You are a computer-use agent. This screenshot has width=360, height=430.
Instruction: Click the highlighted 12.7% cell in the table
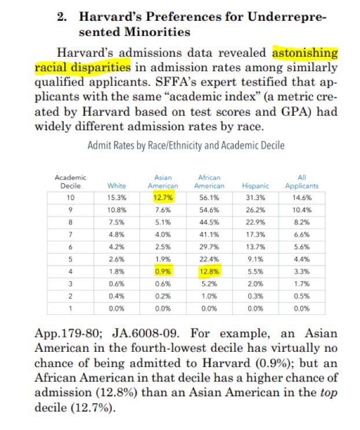[163, 197]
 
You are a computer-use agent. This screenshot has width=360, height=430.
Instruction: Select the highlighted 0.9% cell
[163, 271]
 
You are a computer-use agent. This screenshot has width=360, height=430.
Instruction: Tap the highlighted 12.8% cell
[209, 271]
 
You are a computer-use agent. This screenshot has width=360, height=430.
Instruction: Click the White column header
[116, 186]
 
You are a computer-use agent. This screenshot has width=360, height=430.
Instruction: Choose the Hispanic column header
[255, 186]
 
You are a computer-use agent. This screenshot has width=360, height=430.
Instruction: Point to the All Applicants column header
[302, 182]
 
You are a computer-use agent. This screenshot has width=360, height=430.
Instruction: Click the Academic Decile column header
[71, 182]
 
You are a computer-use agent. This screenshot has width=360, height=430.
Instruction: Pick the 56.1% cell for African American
[209, 197]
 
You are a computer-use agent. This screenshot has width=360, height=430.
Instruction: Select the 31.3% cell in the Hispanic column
[255, 197]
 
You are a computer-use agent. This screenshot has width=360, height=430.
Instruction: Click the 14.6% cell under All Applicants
[302, 197]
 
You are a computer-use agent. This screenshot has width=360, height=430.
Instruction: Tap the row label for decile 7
[71, 234]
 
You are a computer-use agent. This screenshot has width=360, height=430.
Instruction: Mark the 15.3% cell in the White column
[116, 197]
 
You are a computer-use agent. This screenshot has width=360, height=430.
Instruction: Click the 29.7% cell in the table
[209, 247]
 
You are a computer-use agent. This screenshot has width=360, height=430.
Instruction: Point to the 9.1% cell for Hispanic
[255, 259]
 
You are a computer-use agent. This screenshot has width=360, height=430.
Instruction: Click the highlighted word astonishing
[305, 53]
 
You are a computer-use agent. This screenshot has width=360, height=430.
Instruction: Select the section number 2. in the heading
[62, 17]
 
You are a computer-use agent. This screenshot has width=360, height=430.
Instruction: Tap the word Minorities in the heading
[157, 32]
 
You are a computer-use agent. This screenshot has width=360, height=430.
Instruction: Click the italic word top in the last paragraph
[329, 393]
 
